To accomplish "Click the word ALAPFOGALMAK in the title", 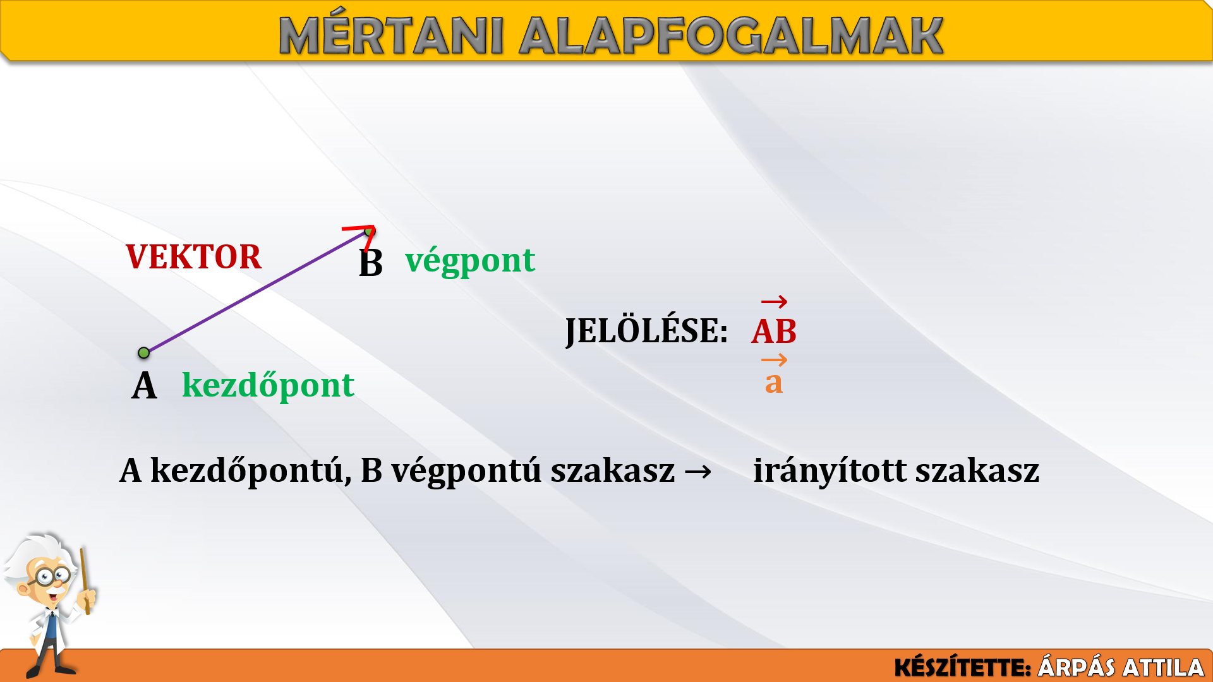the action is (x=732, y=36).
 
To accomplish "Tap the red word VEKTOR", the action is (x=193, y=257).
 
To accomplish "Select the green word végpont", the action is (x=470, y=261).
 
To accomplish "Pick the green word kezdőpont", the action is (x=268, y=385).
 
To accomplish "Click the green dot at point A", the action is (x=144, y=352).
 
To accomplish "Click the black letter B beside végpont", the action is (x=371, y=263).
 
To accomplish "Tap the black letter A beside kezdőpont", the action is (x=144, y=386).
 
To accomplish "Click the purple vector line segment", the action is (x=256, y=292).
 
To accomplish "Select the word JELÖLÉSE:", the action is (x=646, y=330).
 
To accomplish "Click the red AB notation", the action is (x=774, y=332).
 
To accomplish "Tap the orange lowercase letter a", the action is (x=774, y=382).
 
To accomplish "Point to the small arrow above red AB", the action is (x=774, y=302).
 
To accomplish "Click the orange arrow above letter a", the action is (x=774, y=361).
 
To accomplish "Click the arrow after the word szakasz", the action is (x=697, y=471).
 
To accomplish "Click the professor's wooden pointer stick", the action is (x=85, y=581).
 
